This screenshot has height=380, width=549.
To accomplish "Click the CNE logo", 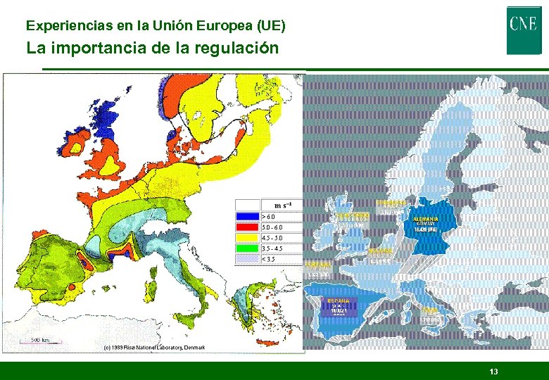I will pyautogui.click(x=524, y=30).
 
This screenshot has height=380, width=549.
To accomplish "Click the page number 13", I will pyautogui.click(x=493, y=371).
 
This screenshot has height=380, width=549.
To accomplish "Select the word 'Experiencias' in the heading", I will pyautogui.click(x=60, y=26).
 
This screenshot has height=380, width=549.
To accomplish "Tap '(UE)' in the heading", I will pyautogui.click(x=272, y=26).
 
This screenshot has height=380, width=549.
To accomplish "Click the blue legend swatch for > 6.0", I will pyautogui.click(x=248, y=217).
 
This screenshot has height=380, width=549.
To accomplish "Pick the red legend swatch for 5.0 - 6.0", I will pyautogui.click(x=248, y=227).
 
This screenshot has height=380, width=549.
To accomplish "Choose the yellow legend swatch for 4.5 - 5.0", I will pyautogui.click(x=248, y=238).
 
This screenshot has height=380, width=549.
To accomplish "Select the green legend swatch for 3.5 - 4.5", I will pyautogui.click(x=248, y=248).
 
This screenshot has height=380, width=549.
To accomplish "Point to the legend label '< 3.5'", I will pyautogui.click(x=270, y=259).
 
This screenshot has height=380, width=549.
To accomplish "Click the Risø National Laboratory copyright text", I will pyautogui.click(x=153, y=348).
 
